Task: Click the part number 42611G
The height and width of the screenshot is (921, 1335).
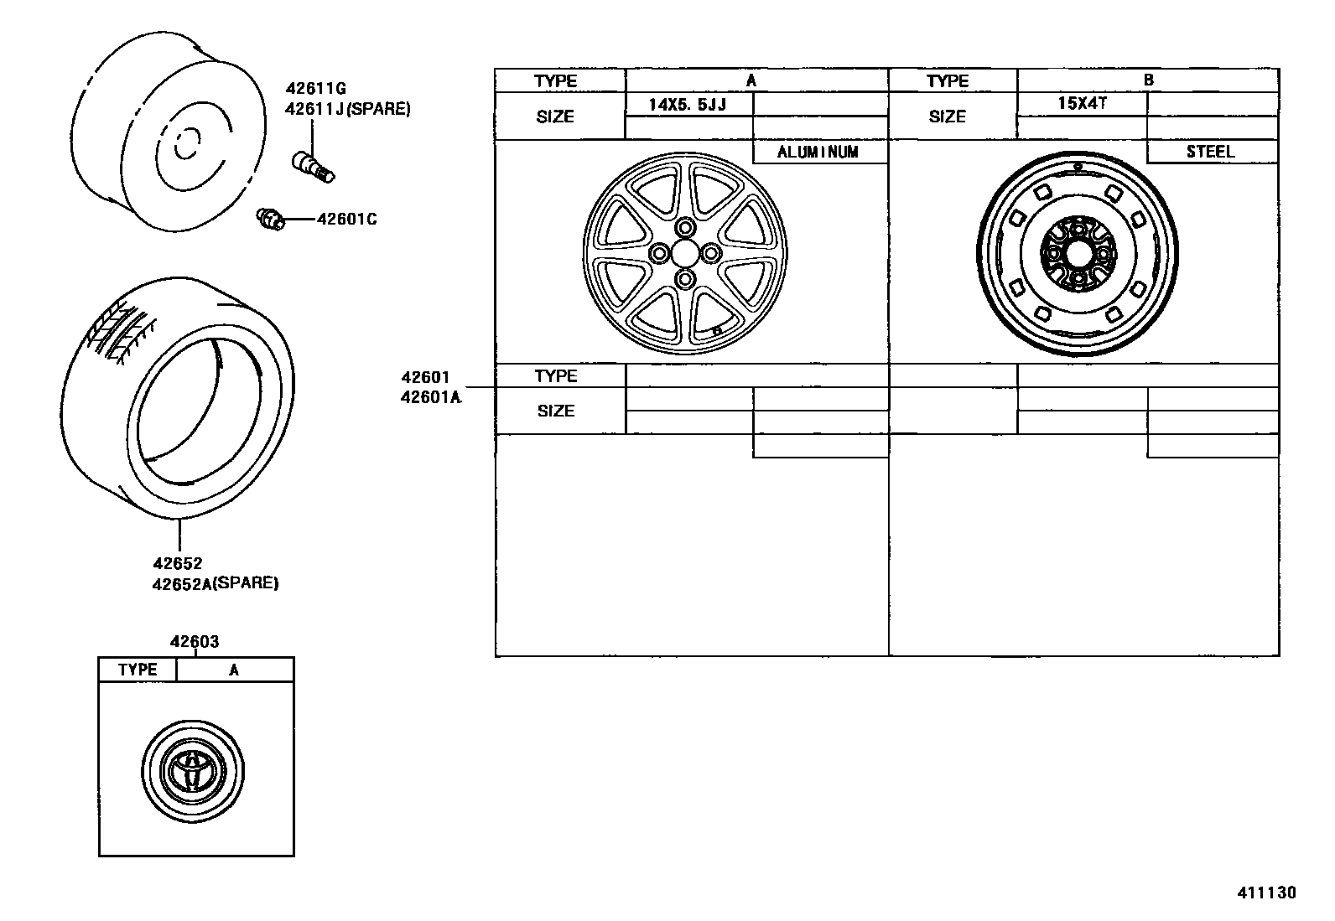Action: [x=315, y=89]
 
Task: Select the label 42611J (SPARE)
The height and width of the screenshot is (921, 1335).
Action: [x=347, y=109]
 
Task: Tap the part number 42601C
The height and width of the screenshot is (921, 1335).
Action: [x=346, y=220]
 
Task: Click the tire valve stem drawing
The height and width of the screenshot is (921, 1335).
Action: [x=314, y=166]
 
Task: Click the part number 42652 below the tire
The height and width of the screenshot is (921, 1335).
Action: [x=177, y=564]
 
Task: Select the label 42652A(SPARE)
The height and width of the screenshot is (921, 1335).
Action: [x=215, y=583]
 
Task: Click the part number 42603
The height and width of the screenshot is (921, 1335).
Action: [x=195, y=642]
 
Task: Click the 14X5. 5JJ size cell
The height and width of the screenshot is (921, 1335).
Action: [x=688, y=106]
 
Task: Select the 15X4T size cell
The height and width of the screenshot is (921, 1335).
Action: [x=1082, y=105]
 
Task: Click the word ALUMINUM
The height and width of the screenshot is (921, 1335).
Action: [x=818, y=153]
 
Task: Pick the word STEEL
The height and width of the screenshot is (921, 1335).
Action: [x=1210, y=152]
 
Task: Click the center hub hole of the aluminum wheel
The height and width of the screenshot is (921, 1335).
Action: [x=685, y=253]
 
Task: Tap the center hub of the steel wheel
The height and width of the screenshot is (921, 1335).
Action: [x=1077, y=252]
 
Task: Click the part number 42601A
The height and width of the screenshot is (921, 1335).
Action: [x=431, y=398]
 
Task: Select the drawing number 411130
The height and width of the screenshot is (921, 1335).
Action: [x=1266, y=893]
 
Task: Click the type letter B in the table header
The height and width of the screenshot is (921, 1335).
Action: [x=1148, y=80]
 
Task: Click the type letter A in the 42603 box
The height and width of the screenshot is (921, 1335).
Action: [x=234, y=670]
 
